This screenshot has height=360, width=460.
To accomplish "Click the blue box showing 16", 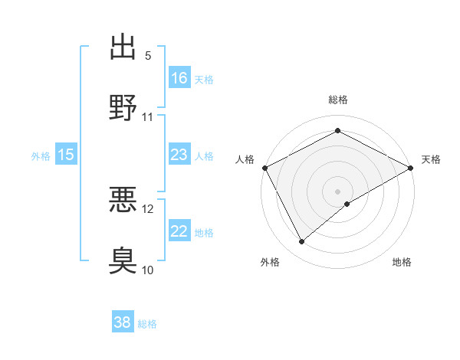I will tap(179, 77).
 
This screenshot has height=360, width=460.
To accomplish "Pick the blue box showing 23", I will tap(179, 155).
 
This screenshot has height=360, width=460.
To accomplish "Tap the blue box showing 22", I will tap(179, 231).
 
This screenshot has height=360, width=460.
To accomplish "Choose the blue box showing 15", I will tap(66, 155).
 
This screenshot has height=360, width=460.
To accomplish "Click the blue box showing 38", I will tap(123, 322).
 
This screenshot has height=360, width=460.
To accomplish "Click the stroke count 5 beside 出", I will tap(148, 56).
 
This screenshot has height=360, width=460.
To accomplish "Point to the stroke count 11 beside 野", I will tap(148, 117).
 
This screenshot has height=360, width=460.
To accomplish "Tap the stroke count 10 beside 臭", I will tap(148, 270).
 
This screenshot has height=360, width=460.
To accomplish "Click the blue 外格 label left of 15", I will tap(41, 155).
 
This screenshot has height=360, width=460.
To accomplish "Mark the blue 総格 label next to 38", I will tap(147, 323).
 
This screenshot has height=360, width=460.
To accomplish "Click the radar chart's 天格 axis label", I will tap(431, 159).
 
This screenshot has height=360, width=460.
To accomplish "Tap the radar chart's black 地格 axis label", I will tap(402, 263).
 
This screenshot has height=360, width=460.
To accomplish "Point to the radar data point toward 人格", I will tap(264, 167).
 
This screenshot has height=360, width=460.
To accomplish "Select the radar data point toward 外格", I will tap(302, 242).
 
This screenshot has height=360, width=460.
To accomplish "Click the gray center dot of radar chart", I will tap(337, 191).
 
